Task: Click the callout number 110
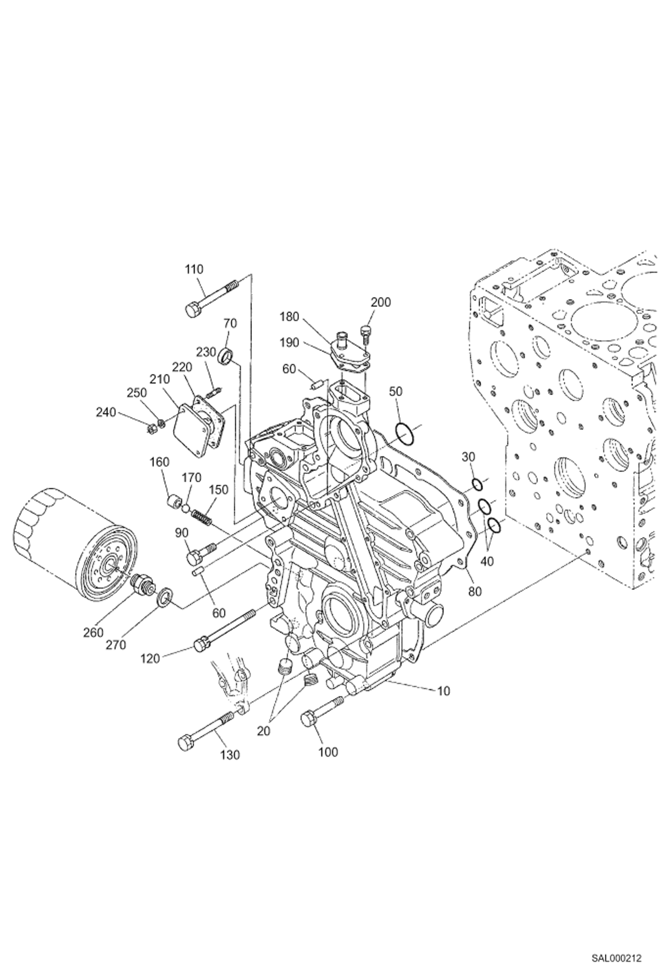(195, 269)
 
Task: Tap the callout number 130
(230, 755)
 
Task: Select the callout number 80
(475, 591)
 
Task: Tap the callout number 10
(443, 691)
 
